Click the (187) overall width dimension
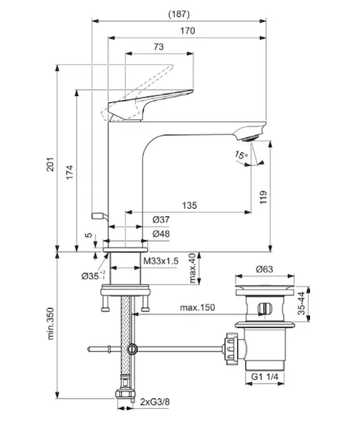tap(179, 14)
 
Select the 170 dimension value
tap(187, 31)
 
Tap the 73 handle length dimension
tap(159, 47)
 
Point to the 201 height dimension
tap(51, 164)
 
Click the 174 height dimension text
tap(70, 173)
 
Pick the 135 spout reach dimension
tap(190, 205)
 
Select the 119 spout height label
tap(263, 197)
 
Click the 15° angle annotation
tap(241, 155)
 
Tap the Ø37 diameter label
tap(161, 219)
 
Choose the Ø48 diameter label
tap(161, 233)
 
